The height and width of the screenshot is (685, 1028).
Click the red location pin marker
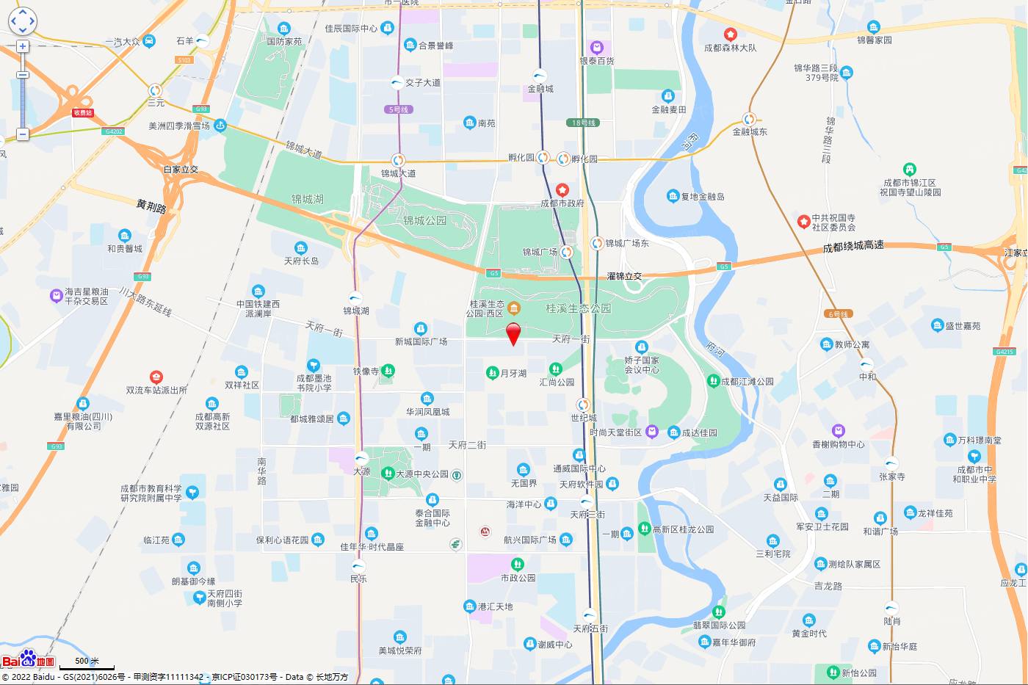pyautogui.click(x=514, y=333)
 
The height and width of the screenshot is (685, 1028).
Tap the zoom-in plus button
pyautogui.click(x=23, y=46)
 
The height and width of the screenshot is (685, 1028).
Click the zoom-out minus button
pyautogui.click(x=23, y=134)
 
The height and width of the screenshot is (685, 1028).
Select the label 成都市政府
pyautogui.click(x=562, y=203)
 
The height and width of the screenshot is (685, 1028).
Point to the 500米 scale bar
pyautogui.click(x=87, y=664)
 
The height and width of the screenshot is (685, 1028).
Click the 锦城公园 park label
pyautogui.click(x=424, y=220)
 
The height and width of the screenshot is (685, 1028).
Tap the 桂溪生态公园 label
pyautogui.click(x=578, y=308)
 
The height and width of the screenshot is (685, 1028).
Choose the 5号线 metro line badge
pyautogui.click(x=398, y=109)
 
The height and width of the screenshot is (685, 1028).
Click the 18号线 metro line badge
pyautogui.click(x=584, y=123)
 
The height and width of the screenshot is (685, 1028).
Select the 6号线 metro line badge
pyautogui.click(x=838, y=313)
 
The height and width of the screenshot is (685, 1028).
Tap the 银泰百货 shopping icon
pyautogui.click(x=596, y=48)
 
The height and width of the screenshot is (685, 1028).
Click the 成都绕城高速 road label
pyautogui.click(x=853, y=247)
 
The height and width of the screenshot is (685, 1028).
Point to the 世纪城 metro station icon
pyautogui.click(x=583, y=405)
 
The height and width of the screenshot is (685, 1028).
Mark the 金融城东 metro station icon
pyautogui.click(x=749, y=119)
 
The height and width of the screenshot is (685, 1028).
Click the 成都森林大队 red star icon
pyautogui.click(x=730, y=35)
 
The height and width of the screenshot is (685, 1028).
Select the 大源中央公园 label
pyautogui.click(x=421, y=474)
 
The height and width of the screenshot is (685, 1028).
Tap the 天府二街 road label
pyautogui.click(x=467, y=445)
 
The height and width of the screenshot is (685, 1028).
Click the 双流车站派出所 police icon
pyautogui.click(x=156, y=377)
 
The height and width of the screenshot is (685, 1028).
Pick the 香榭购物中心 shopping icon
pyautogui.click(x=839, y=431)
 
